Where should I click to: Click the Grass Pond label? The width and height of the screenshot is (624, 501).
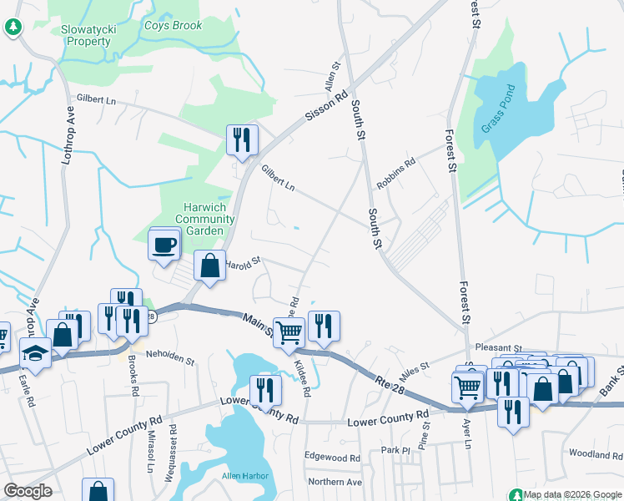click(x=500, y=109)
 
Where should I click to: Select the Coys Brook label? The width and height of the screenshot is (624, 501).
click(x=174, y=26)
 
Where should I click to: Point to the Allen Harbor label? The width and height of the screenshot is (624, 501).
click(x=243, y=476)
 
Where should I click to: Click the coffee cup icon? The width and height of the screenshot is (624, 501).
click(x=164, y=244)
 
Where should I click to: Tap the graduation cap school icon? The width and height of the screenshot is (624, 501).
click(x=35, y=352)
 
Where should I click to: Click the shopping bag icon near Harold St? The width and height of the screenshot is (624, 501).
click(x=210, y=266)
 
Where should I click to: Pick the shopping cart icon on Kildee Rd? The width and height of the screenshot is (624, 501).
click(x=289, y=331)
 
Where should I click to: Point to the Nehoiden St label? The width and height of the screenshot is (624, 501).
click(x=170, y=361)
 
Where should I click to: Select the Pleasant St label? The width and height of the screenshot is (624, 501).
click(x=497, y=347)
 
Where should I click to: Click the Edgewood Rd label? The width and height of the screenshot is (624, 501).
click(x=332, y=458)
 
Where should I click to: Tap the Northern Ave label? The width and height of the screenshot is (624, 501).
click(x=335, y=482)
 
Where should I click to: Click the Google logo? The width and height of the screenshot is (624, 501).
click(x=28, y=491)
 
